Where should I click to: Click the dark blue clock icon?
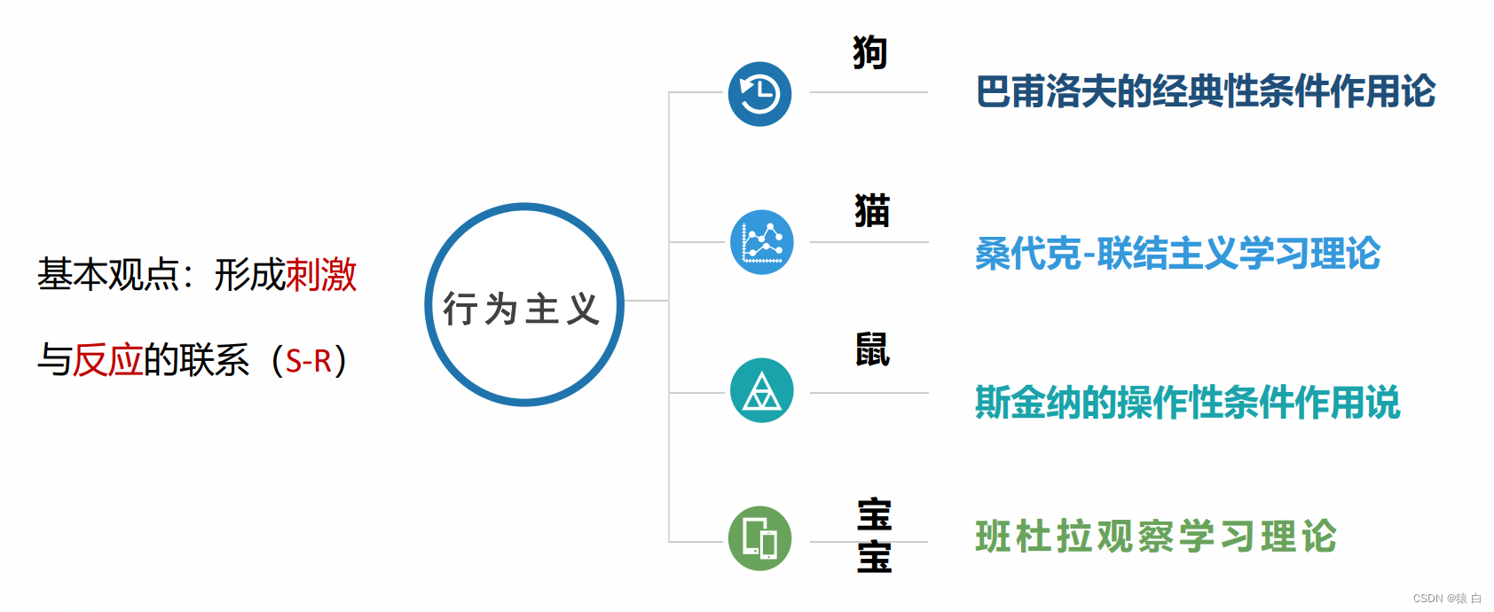pos(759,94)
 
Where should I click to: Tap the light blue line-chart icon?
pos(761,242)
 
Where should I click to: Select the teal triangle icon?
pos(761,390)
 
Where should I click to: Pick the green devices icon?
pos(759,538)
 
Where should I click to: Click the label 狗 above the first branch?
pos(869,52)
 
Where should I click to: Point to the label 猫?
pos(872,211)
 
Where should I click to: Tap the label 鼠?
pos(872,349)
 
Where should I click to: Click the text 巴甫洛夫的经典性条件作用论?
pos(1205,91)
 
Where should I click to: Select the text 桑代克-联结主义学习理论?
pos(1177,254)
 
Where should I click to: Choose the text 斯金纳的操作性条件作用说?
pos(1187,403)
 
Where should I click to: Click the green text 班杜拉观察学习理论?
pos(1155,537)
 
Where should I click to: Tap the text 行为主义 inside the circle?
pos(523,310)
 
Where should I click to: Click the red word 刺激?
pos(321,275)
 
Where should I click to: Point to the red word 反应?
pos(107,360)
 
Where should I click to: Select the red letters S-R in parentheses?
pos(309,361)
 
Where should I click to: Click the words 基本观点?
pos(107,275)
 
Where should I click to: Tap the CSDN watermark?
pos(1446,599)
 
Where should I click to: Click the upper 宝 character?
pos(874,515)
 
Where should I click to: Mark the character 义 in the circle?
pos(583,310)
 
